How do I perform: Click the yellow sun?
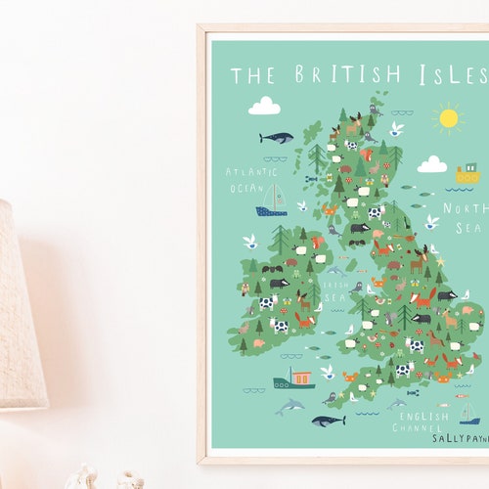coord(448,118)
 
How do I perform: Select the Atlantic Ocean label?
coord(251,179)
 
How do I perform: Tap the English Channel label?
coord(422,422)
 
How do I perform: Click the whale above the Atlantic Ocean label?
coord(276,138)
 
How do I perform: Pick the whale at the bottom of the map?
coord(328,421)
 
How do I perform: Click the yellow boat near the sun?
coord(467,175)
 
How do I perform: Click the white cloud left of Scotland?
coord(264,106)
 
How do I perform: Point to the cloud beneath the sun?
coord(431,164)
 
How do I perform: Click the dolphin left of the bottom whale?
coord(289,406)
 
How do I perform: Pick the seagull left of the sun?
coord(396,128)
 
